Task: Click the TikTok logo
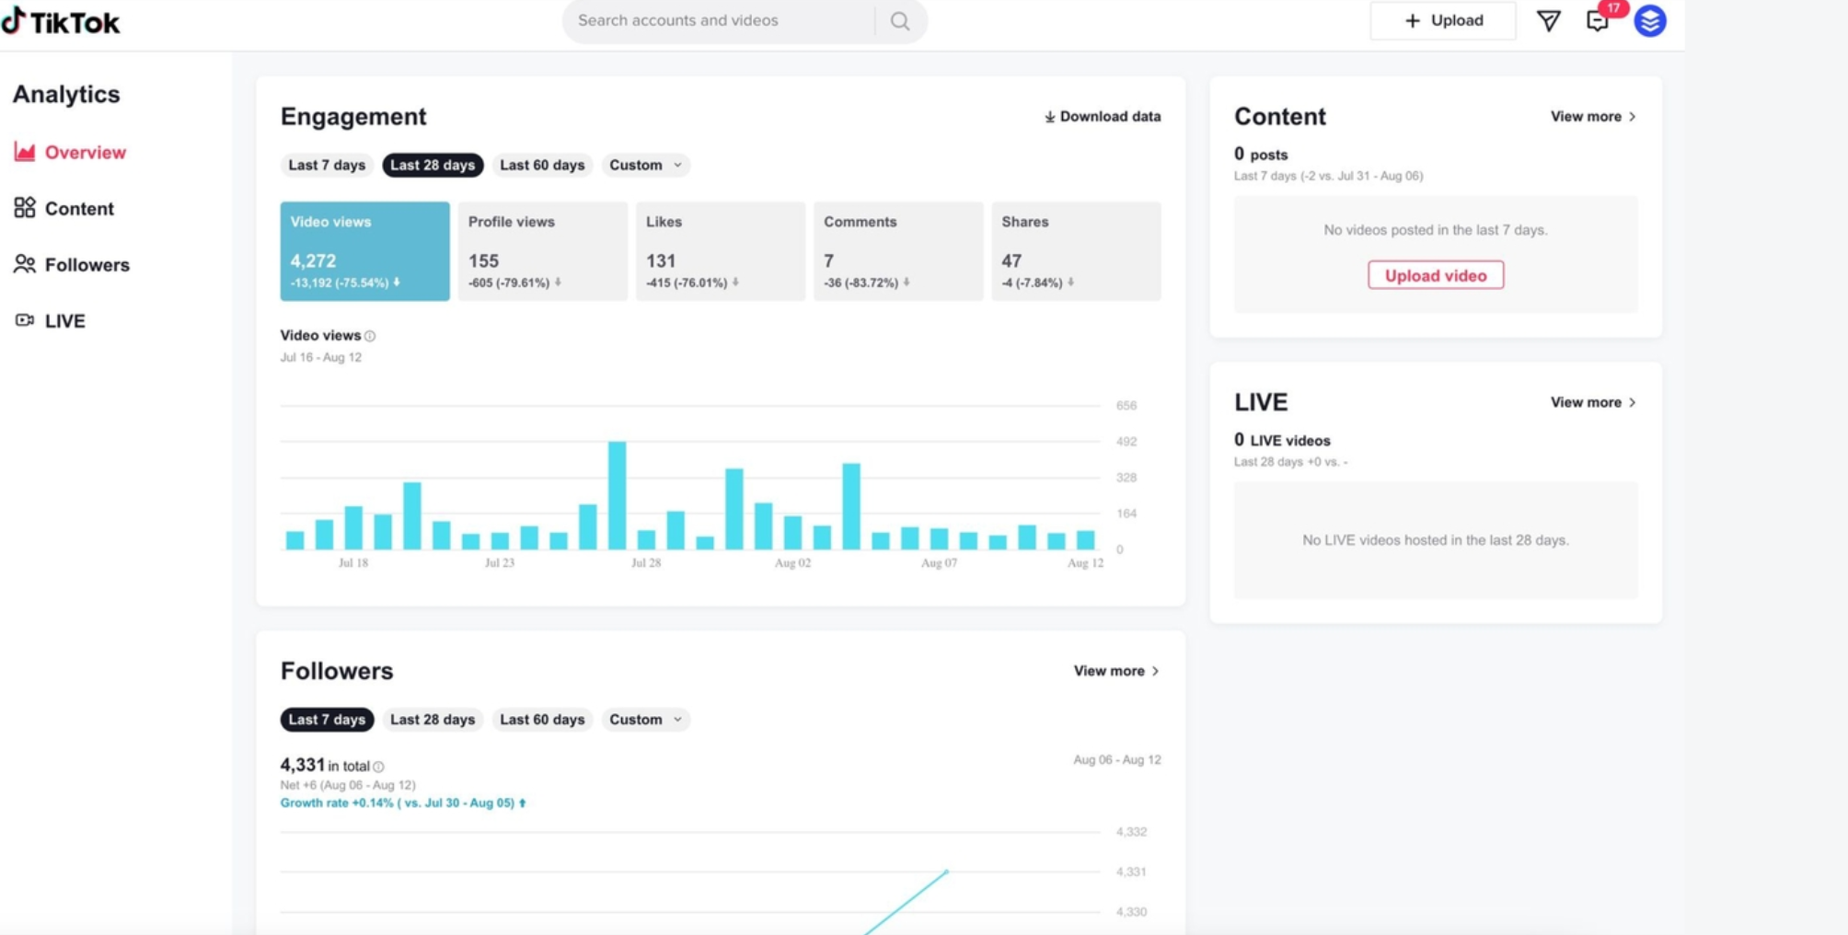[61, 22]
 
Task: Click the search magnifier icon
[899, 21]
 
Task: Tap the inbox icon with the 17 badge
[1598, 21]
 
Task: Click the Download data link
[1102, 117]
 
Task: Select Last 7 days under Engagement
[327, 166]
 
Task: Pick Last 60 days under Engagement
[542, 166]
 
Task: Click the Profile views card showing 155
[542, 251]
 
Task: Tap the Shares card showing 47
[1075, 251]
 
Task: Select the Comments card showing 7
[897, 251]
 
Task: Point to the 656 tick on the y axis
[1126, 406]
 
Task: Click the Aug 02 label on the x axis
[792, 563]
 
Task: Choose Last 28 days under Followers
[433, 720]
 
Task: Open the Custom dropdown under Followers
[645, 720]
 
